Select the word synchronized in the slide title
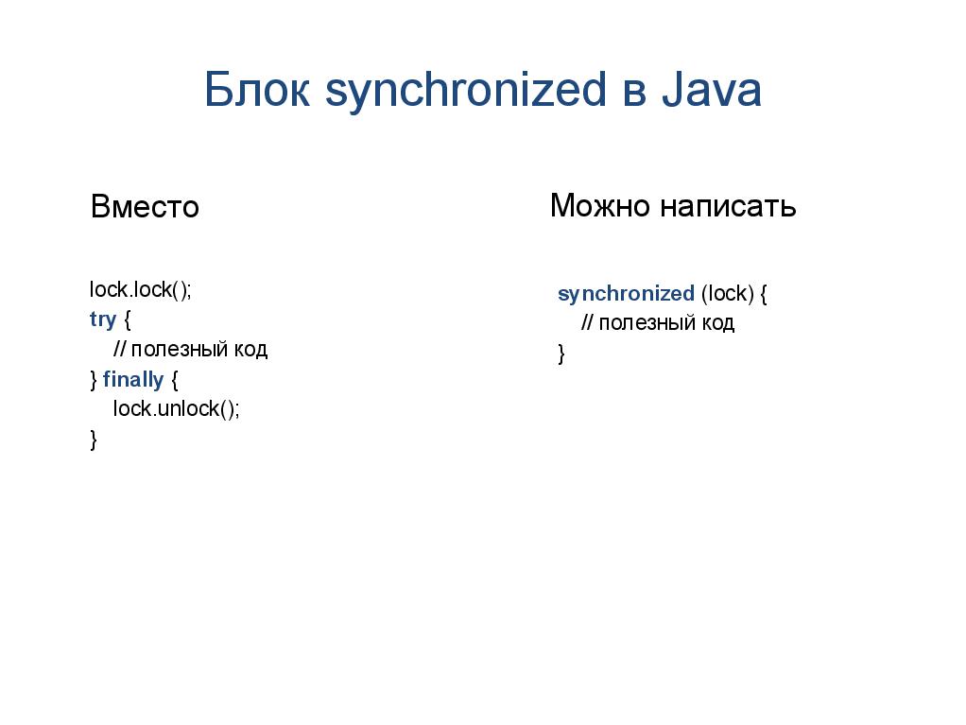[465, 92]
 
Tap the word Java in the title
[711, 91]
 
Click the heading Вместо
[145, 206]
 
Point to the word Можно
[600, 205]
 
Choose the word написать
[728, 205]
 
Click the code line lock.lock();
[140, 289]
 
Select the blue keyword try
[102, 319]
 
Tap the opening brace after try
[128, 319]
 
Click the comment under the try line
[190, 350]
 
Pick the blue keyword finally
[132, 380]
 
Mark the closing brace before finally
[93, 380]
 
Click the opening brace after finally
[173, 380]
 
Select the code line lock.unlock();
[176, 409]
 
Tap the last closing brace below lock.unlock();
[93, 440]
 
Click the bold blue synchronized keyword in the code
[626, 294]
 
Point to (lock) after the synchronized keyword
[727, 294]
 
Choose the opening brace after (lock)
[764, 294]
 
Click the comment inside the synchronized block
[657, 323]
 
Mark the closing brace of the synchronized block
[561, 354]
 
